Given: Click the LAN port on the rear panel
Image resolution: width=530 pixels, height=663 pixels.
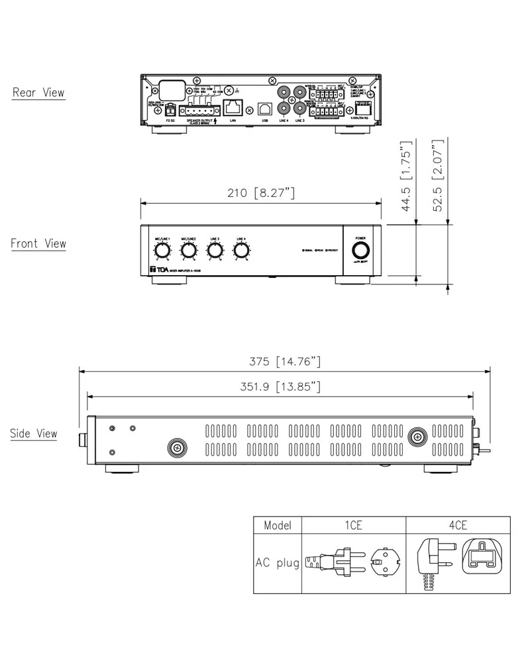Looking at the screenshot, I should pos(233,106).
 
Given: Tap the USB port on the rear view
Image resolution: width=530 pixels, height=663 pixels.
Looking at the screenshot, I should pos(265,107).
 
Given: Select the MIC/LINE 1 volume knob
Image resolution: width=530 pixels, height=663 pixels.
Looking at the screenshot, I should pos(162,251).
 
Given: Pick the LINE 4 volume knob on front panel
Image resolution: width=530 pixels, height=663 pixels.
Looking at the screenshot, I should pos(240,251).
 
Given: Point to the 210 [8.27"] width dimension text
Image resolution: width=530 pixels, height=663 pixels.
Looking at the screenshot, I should pos(260,193).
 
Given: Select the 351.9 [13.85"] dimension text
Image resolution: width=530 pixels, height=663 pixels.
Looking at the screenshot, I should pos(280,387).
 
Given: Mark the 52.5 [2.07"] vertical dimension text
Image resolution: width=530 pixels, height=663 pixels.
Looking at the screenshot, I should pos(437,176).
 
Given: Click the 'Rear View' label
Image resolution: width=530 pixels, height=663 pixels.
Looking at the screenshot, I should pos(38,92).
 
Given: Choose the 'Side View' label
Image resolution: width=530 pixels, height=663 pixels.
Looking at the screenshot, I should pos(34,434).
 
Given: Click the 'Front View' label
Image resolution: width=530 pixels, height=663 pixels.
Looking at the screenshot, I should pos(38,243).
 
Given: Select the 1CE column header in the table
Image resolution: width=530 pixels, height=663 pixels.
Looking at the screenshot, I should pos(353,525).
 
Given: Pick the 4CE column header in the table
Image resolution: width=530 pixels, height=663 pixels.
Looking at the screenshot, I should pos(458,525).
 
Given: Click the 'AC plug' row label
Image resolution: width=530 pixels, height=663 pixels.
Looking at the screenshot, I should pos(278,563).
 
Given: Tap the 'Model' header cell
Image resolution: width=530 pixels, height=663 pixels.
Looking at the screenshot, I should pos(278,525).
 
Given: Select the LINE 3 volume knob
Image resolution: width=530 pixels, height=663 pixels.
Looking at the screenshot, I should pos(215,251).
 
